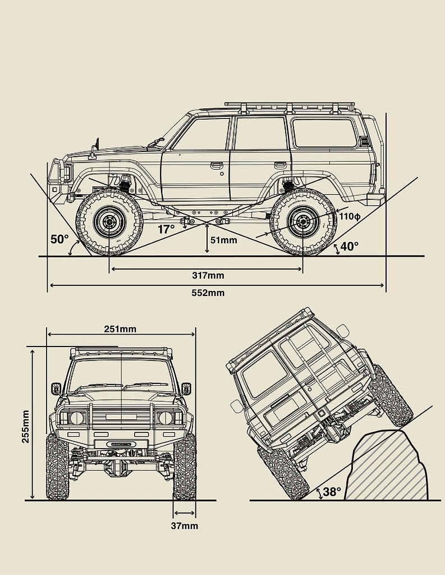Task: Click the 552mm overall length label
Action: tap(207, 293)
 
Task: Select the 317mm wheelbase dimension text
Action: tap(207, 275)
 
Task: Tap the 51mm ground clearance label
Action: tap(223, 240)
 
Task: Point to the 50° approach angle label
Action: tap(59, 239)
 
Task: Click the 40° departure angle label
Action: tap(349, 247)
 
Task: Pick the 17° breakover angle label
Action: tap(166, 229)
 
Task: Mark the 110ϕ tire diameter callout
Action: tap(349, 216)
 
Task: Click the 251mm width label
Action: tap(120, 329)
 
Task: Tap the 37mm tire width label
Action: tap(185, 526)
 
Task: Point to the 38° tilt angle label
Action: tap(332, 492)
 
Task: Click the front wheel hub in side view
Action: tap(109, 222)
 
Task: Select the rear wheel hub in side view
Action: tap(303, 222)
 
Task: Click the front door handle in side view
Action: tap(216, 165)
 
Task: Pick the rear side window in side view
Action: tap(324, 133)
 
